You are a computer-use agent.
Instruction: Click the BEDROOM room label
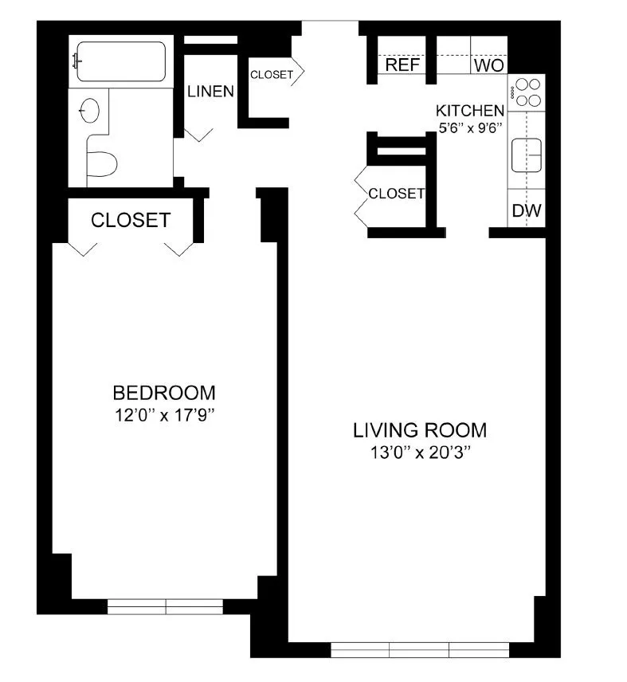tap(164, 393)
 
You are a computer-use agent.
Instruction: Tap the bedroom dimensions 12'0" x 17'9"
tap(164, 414)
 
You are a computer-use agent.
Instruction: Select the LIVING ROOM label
tap(420, 431)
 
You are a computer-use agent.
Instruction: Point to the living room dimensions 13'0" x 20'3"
tap(420, 453)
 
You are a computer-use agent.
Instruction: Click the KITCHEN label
tap(469, 111)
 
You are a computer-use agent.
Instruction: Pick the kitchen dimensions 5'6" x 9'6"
tap(469, 130)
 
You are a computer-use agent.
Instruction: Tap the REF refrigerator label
tap(402, 65)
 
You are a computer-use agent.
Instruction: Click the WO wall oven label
tap(488, 65)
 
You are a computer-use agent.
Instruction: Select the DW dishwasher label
tap(527, 211)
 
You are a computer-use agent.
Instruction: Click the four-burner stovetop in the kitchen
tap(527, 91)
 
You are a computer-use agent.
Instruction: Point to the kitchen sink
tap(527, 153)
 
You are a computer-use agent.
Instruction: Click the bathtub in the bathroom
tap(120, 61)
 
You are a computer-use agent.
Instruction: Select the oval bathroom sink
tap(90, 111)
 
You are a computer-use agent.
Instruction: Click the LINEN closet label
tap(210, 92)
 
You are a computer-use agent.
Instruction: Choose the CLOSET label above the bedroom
tap(131, 220)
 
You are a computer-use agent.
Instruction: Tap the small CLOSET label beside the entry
tap(272, 76)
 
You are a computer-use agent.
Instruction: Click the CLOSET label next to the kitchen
tap(396, 194)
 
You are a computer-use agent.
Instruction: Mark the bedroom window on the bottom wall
tap(166, 607)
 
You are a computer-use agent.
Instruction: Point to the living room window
tap(419, 649)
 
